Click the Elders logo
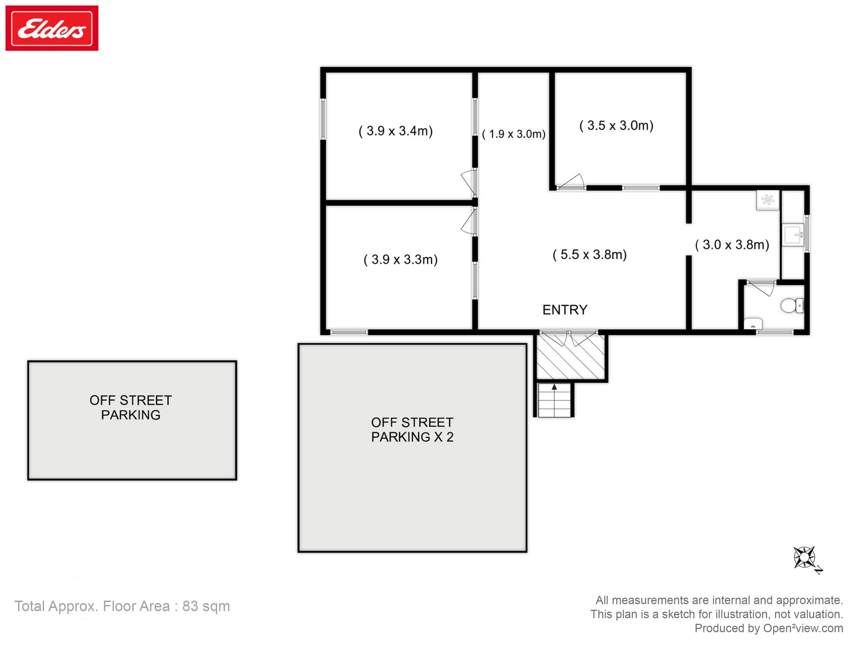[x=52, y=28]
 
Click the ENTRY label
[x=565, y=310]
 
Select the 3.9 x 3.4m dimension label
[x=396, y=131]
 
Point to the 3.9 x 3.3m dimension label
[x=400, y=259]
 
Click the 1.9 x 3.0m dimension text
[x=513, y=134]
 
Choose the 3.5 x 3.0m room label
[x=616, y=126]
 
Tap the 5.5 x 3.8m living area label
[x=589, y=254]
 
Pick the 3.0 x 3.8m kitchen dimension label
[x=732, y=245]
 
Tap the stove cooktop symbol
[x=768, y=200]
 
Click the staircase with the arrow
[x=554, y=400]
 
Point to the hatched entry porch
[x=570, y=357]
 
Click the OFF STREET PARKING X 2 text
[x=412, y=430]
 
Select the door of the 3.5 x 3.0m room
[x=570, y=182]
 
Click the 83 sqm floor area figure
[x=206, y=606]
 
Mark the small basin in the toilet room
[x=753, y=323]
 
